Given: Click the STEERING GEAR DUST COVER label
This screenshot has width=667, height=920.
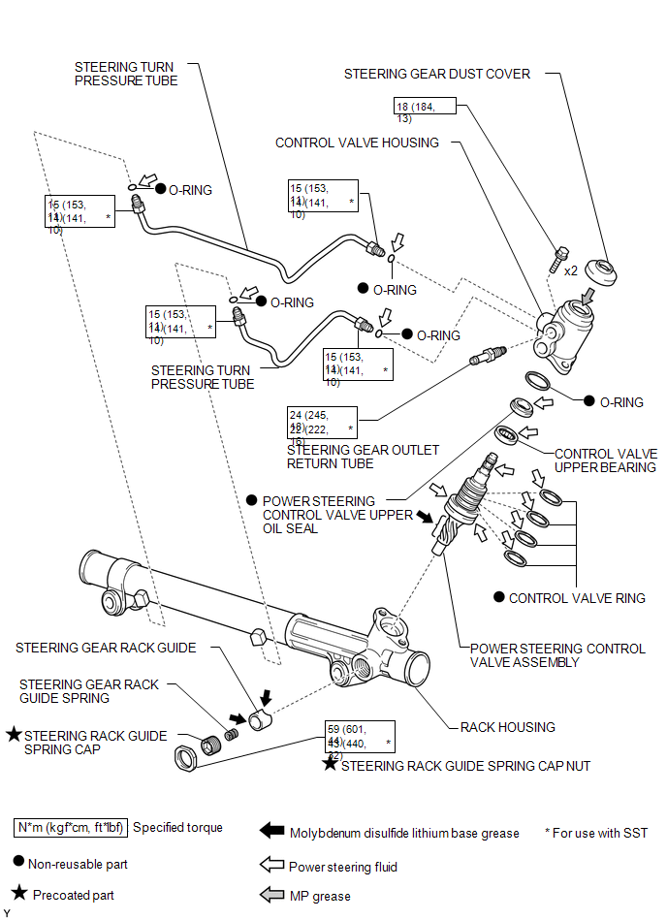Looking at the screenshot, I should coord(436,74).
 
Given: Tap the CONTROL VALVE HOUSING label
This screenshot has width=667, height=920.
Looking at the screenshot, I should coord(357,143).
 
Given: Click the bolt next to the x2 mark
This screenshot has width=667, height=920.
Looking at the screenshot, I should coord(558,259).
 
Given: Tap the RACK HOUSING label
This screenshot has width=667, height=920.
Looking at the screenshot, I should coord(507,727).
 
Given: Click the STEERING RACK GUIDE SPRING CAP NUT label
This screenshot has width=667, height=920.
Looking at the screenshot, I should coord(465,766).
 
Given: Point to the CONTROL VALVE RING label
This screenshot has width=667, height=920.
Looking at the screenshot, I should coord(577,598).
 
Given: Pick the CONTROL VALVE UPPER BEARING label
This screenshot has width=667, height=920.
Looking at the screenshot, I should coord(605,460).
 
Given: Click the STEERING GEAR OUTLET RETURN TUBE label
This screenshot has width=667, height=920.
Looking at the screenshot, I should coord(363,457).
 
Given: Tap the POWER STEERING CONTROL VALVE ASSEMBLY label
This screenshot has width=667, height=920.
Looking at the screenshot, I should coord(557,655).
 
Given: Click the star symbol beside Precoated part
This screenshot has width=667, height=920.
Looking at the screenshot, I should coord(19,894).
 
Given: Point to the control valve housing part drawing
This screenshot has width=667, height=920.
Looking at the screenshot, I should coord(566,334).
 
